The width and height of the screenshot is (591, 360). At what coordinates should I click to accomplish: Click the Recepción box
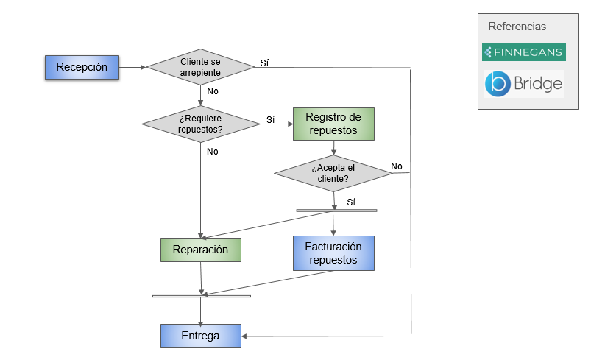click(82, 67)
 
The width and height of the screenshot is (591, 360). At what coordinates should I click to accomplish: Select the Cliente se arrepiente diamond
click(200, 68)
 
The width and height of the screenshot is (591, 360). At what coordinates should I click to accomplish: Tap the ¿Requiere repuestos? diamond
click(200, 124)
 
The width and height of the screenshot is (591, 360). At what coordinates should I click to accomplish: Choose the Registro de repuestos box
click(333, 124)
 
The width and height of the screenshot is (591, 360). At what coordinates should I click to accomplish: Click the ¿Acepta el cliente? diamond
click(333, 173)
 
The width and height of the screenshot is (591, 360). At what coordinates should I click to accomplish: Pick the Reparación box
click(201, 250)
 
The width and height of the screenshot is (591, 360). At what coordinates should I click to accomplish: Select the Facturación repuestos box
click(333, 253)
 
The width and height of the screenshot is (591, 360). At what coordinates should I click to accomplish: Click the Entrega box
click(201, 336)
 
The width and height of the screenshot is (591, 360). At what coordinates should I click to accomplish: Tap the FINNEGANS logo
click(523, 52)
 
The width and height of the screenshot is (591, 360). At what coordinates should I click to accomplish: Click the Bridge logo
click(523, 84)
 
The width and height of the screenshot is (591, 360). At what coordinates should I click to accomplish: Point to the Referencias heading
click(517, 27)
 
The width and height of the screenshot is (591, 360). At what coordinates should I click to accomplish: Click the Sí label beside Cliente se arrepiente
click(264, 63)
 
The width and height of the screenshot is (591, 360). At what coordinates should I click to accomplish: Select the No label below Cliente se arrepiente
click(213, 91)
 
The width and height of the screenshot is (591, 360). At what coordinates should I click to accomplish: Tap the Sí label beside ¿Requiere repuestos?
click(270, 119)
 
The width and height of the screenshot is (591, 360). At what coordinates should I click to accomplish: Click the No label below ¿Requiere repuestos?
click(213, 152)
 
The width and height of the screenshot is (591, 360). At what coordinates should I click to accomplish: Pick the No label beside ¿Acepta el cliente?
click(397, 166)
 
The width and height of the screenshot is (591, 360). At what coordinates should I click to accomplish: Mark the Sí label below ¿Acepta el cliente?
click(351, 201)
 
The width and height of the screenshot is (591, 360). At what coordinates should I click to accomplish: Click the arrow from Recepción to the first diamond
click(132, 68)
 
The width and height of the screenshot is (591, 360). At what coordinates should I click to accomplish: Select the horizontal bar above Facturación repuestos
click(336, 211)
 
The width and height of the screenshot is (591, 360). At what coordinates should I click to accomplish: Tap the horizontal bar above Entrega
click(201, 296)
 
